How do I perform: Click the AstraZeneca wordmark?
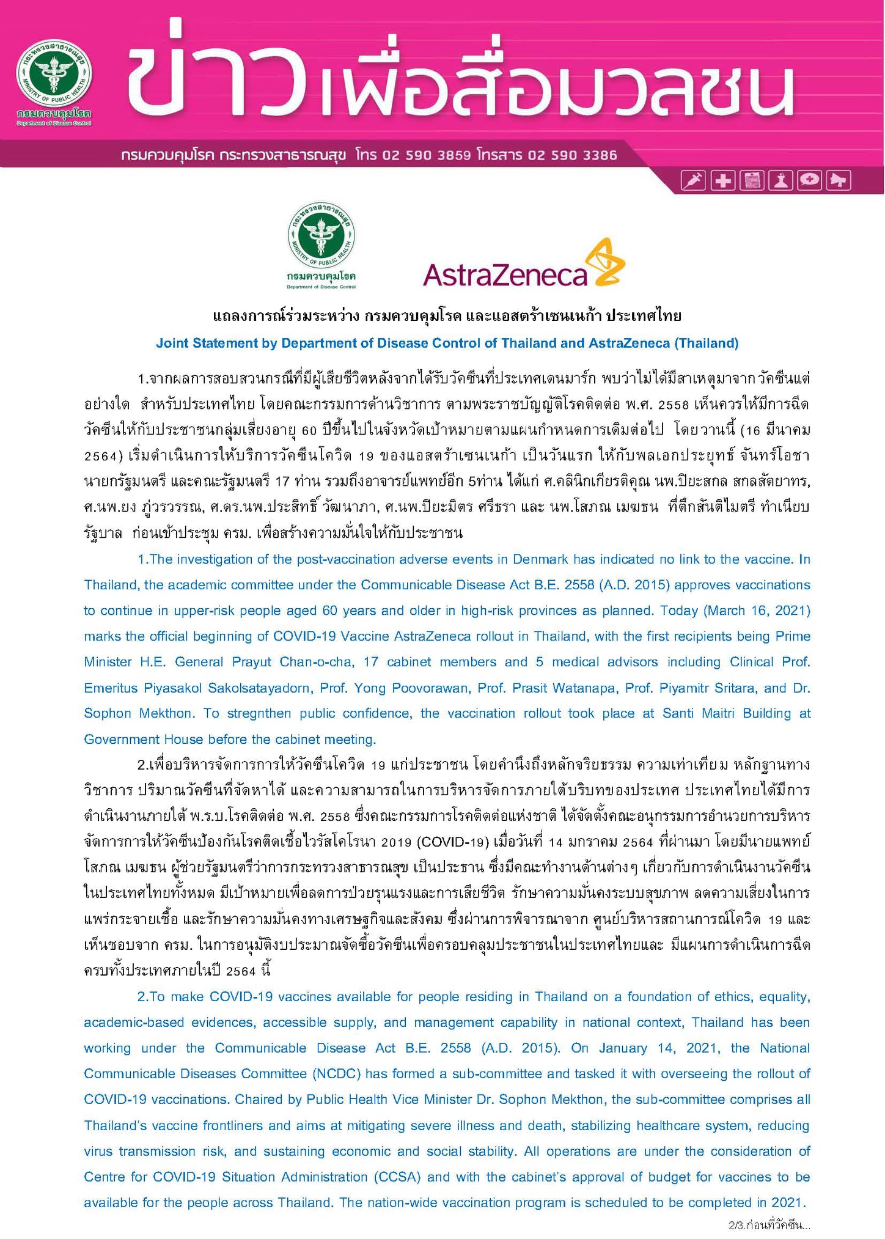point(505,276)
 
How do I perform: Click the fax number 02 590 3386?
point(573,155)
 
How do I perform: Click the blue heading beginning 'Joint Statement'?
point(447,343)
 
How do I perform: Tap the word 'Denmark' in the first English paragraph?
point(540,559)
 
